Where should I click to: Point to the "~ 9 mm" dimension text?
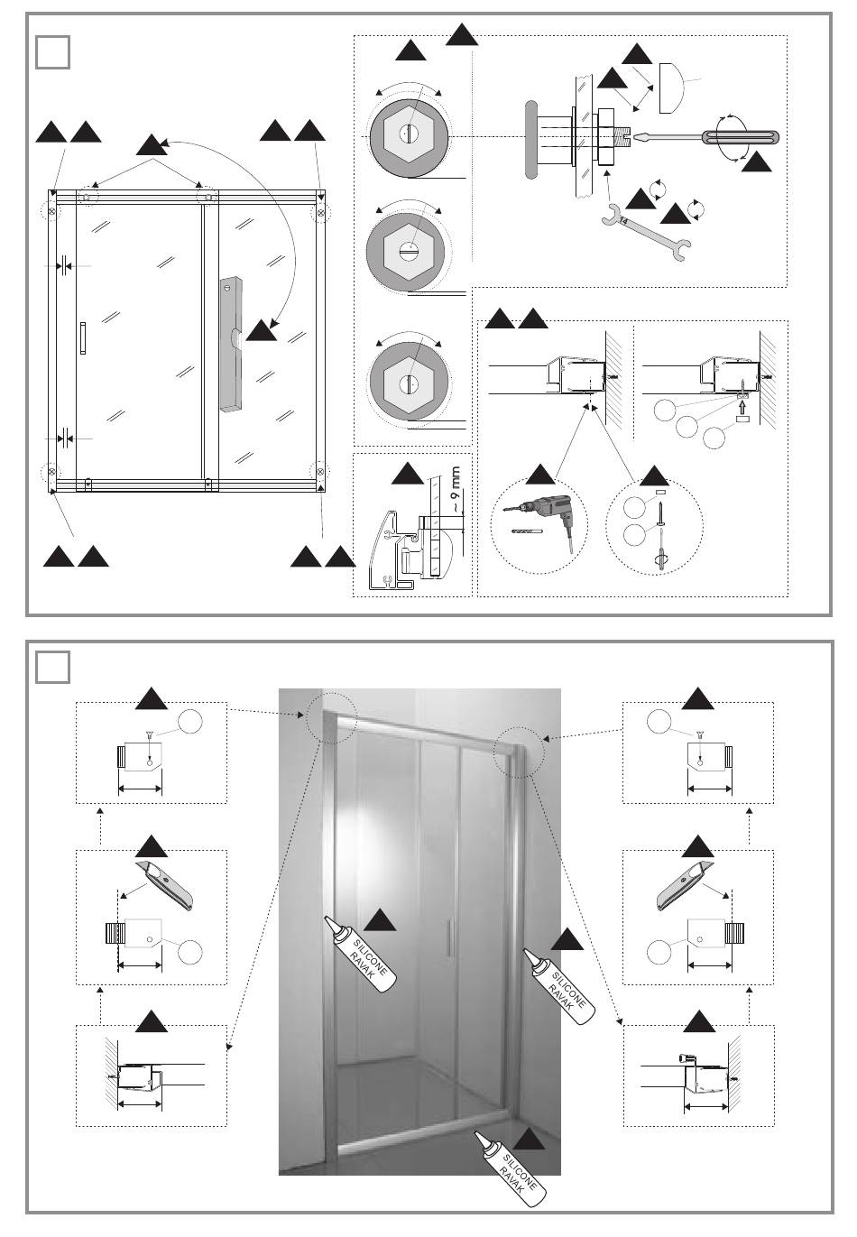click(456, 491)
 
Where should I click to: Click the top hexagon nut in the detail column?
click(409, 136)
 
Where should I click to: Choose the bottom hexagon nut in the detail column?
click(410, 380)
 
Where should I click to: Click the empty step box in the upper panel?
click(52, 52)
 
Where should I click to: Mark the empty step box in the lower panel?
click(52, 669)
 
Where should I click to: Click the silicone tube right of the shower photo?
click(561, 990)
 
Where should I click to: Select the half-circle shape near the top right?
click(675, 88)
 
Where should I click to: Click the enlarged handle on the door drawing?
click(233, 342)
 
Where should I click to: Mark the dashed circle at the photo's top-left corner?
click(333, 718)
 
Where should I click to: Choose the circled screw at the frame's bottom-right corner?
click(319, 470)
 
